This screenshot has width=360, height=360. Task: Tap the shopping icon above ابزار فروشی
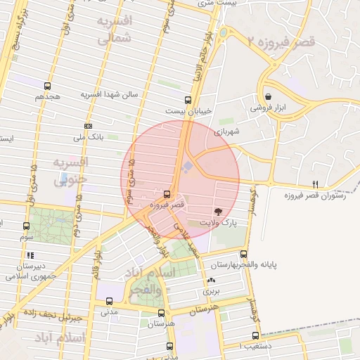click(x=268, y=97)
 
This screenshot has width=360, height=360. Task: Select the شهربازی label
click(x=228, y=131)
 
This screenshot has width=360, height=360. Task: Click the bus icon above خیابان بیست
click(x=188, y=100)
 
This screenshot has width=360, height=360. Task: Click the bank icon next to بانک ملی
click(x=87, y=126)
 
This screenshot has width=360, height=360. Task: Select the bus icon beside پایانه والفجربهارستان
click(x=244, y=254)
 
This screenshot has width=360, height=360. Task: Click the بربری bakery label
click(x=211, y=289)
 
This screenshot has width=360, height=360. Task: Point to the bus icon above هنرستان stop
click(x=162, y=314)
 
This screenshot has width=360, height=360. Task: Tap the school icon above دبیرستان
click(x=30, y=255)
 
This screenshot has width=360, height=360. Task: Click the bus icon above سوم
click(x=27, y=226)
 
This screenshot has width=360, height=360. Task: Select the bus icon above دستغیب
click(x=256, y=335)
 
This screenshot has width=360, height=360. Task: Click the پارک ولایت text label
click(x=217, y=222)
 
